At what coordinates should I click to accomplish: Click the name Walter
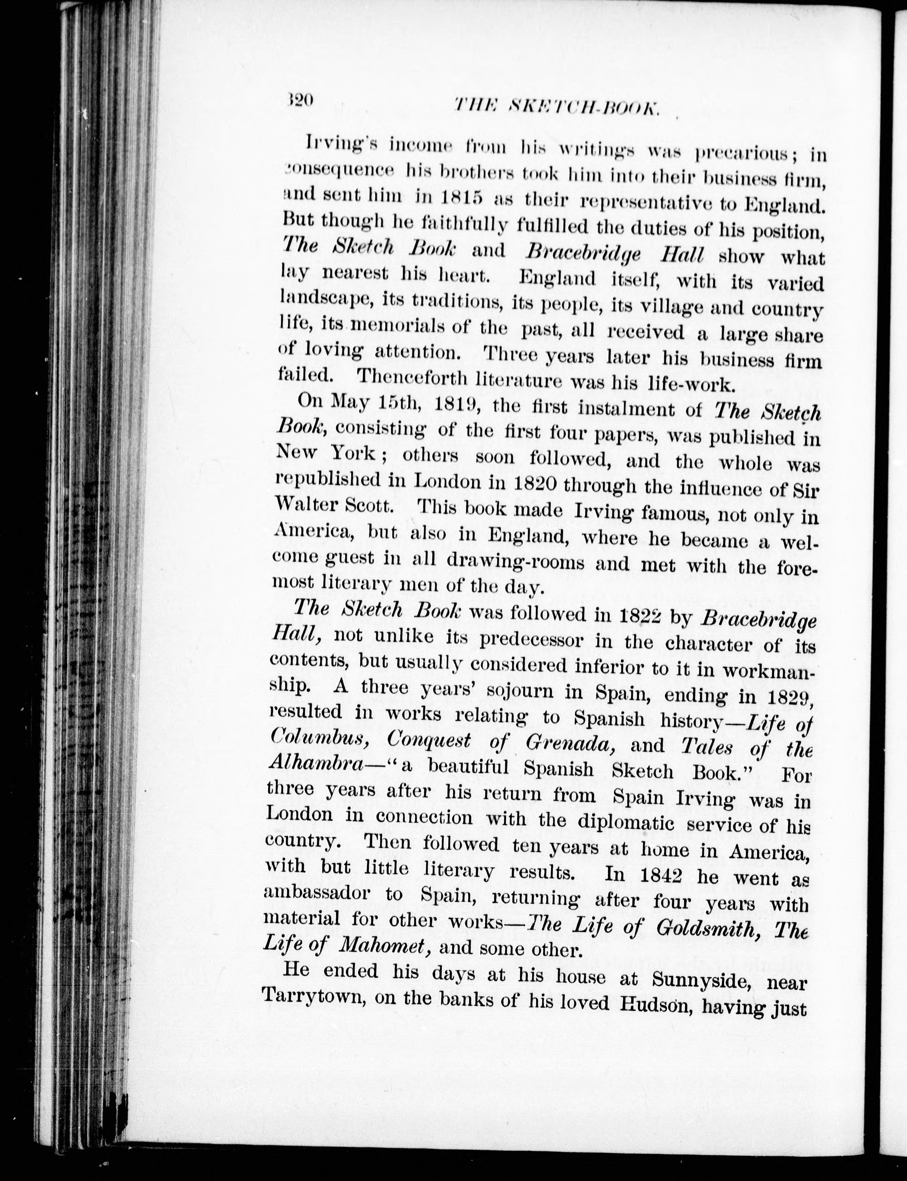(x=306, y=505)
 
